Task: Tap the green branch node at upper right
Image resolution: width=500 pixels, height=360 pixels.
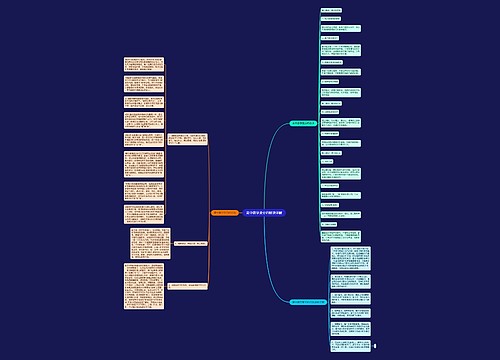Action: pos(303,122)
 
